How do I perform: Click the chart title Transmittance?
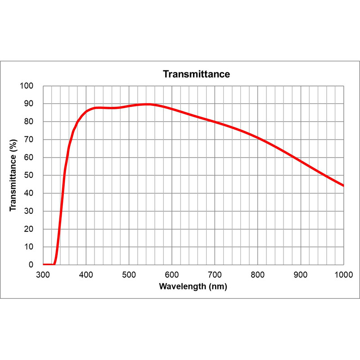click(196, 74)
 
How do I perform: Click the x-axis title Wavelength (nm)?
click(193, 287)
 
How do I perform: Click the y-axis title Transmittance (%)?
click(13, 175)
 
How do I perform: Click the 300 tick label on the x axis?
click(43, 274)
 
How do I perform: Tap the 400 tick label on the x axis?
click(86, 274)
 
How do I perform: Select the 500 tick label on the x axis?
click(129, 274)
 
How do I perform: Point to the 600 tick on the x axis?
click(172, 274)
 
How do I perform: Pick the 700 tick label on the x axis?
click(215, 274)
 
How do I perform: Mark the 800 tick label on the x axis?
click(258, 274)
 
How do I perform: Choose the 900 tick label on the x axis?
click(301, 274)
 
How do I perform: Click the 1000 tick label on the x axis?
click(343, 274)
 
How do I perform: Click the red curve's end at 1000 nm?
click(343, 185)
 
